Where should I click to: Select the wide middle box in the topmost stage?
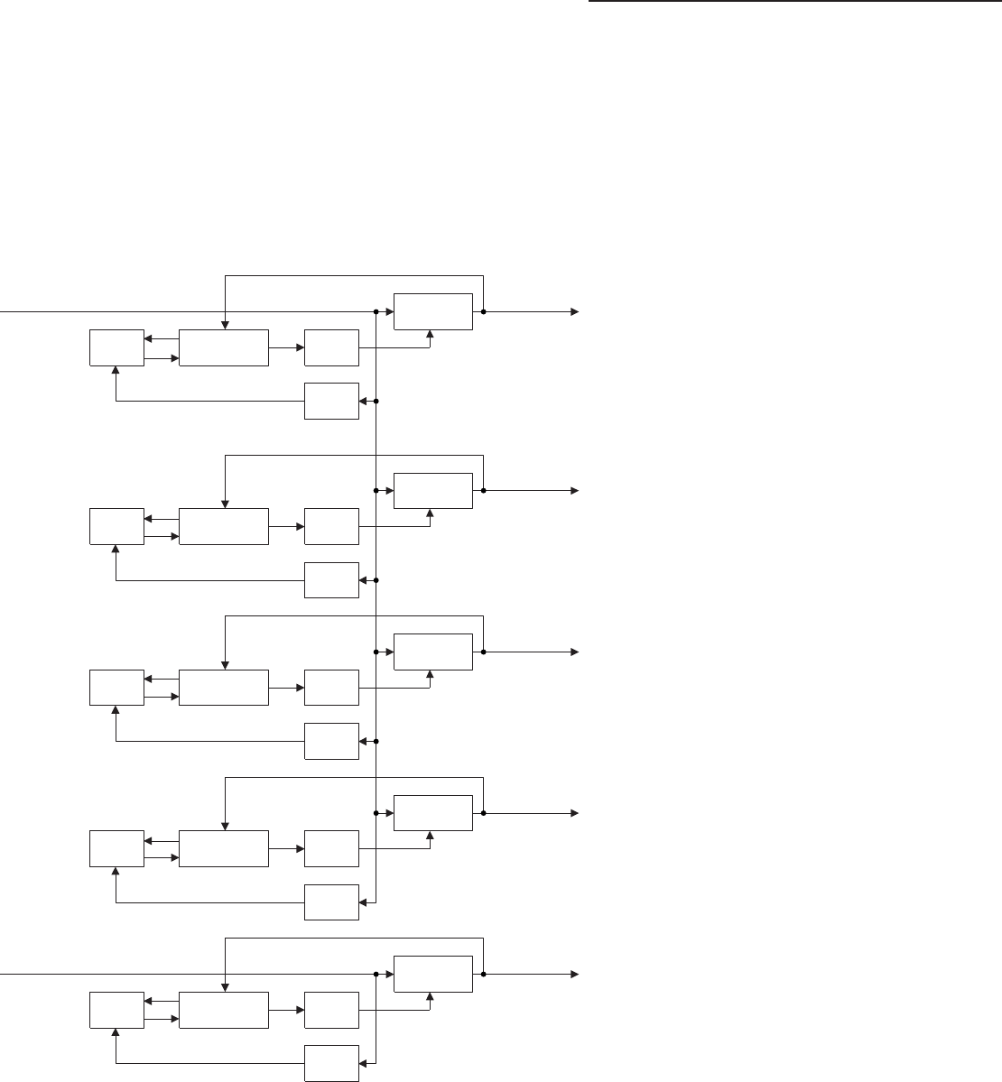click(x=224, y=347)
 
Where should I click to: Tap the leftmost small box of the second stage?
click(x=116, y=526)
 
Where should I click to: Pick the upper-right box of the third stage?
click(x=433, y=652)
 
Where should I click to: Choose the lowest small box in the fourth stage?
click(x=331, y=902)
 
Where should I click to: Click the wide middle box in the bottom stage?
click(x=224, y=1010)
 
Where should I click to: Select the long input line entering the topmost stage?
click(x=181, y=311)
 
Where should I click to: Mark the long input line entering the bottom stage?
click(x=181, y=975)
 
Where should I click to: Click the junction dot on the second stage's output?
click(x=485, y=491)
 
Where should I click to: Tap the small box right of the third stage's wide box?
click(x=331, y=689)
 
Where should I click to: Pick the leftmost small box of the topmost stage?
click(x=116, y=347)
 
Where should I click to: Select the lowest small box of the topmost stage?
click(x=331, y=401)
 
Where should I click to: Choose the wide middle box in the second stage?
click(x=224, y=526)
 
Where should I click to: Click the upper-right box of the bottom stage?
click(x=433, y=974)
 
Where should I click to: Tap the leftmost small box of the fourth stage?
click(x=116, y=848)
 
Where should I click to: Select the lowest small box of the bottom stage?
click(x=331, y=1063)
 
